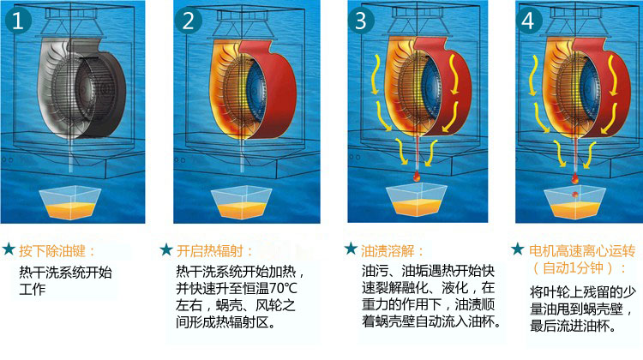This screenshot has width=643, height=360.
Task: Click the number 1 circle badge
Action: (19, 21)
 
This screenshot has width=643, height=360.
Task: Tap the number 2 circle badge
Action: (189, 21)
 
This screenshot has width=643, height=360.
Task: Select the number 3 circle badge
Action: (361, 21)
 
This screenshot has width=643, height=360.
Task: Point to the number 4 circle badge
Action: (529, 21)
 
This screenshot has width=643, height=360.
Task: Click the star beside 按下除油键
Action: (9, 249)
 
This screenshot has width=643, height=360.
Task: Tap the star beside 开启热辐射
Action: (166, 249)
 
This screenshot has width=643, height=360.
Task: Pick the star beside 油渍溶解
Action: (351, 248)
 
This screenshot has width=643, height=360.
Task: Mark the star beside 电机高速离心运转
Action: (518, 248)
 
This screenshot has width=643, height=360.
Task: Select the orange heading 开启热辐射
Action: (210, 251)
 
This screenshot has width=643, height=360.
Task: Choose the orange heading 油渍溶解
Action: (388, 251)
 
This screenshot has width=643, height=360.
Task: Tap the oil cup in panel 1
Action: (69, 203)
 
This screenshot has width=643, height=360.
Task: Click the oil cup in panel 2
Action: (242, 203)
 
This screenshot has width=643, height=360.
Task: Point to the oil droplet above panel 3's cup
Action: (417, 177)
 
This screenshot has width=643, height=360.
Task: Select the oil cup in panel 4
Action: (574, 203)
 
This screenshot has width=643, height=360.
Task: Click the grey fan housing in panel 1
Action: (81, 88)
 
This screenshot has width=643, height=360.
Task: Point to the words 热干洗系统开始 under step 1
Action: (66, 273)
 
